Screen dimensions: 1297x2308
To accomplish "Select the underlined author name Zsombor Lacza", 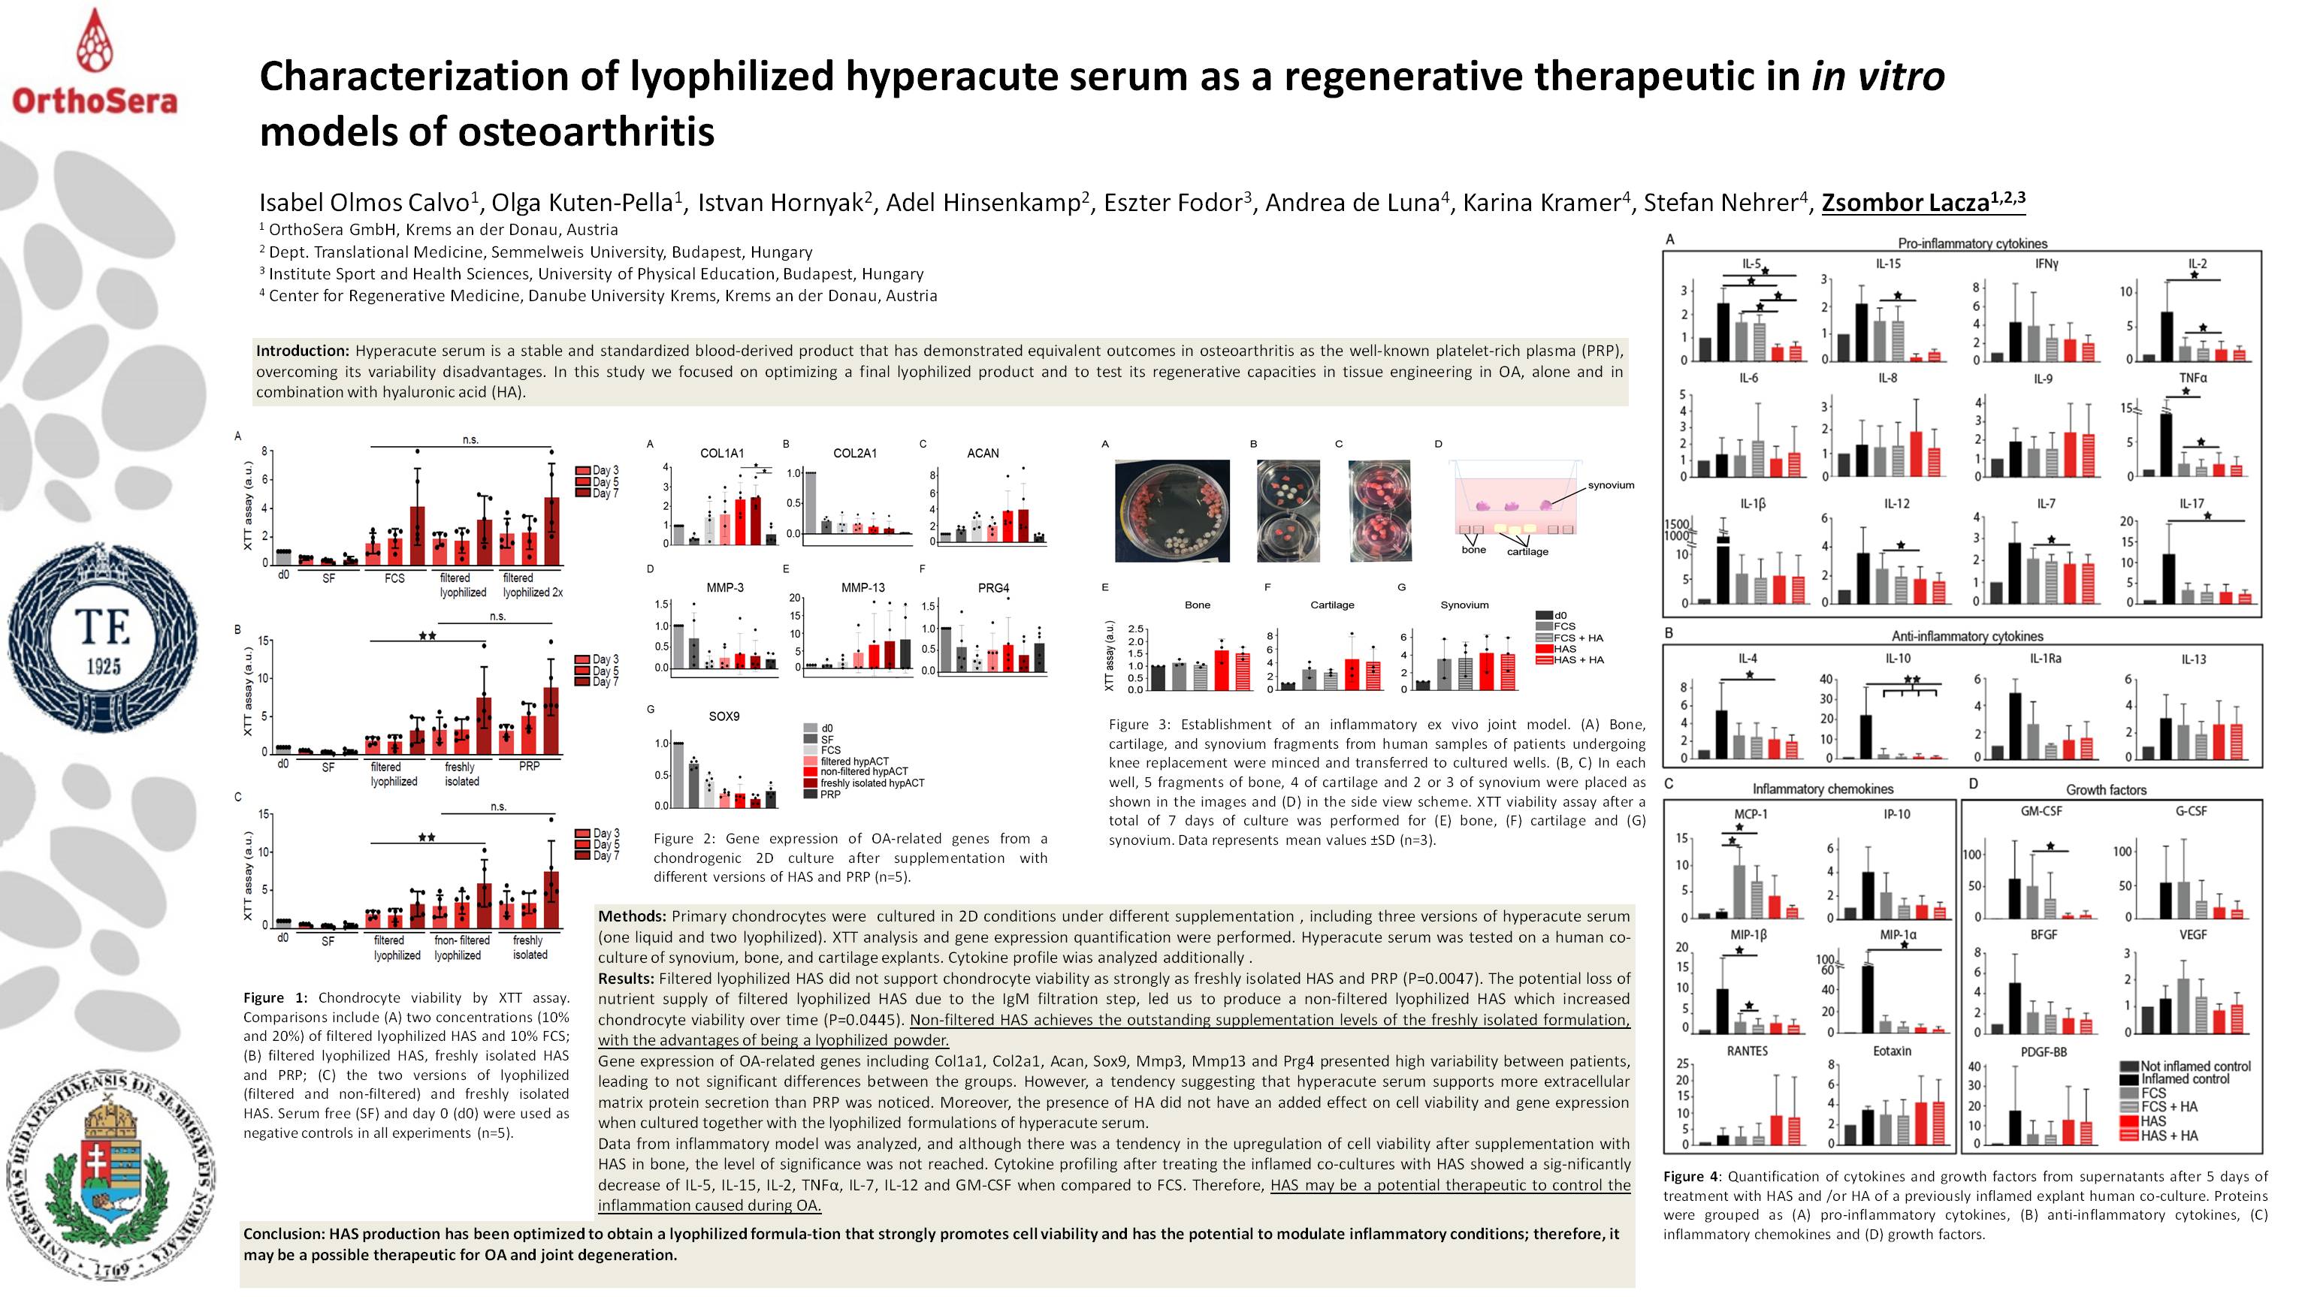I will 1923,203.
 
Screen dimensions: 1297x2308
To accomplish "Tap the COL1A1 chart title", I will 721,453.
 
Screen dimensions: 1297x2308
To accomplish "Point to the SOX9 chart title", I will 724,716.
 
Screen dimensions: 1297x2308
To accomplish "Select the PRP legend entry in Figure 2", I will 829,795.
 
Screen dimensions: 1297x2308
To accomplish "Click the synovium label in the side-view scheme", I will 1611,485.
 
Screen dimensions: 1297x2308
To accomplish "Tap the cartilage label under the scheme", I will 1527,552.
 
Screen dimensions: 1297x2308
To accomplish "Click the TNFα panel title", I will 2192,378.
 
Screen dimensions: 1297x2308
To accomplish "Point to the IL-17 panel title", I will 2192,504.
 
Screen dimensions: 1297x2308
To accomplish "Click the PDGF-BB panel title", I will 2044,1052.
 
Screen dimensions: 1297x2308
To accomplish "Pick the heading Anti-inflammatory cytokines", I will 1967,637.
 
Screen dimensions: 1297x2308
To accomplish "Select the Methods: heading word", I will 632,916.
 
